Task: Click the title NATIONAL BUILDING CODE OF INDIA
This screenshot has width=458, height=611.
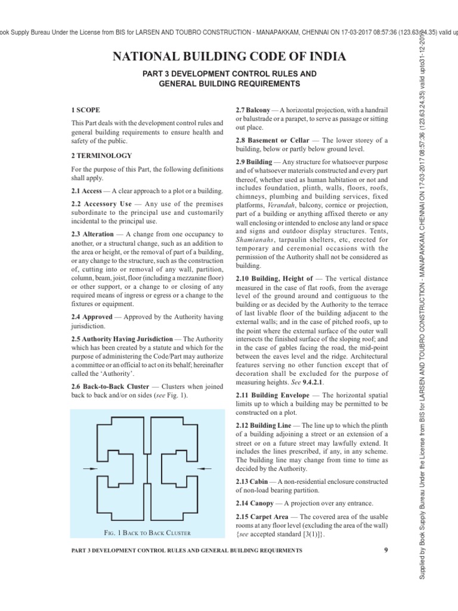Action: [x=229, y=57]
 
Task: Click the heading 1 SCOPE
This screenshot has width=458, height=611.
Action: [x=85, y=110]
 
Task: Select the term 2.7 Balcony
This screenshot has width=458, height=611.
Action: [x=253, y=110]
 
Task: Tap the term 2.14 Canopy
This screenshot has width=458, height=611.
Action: [x=253, y=503]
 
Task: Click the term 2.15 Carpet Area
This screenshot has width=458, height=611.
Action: [x=262, y=516]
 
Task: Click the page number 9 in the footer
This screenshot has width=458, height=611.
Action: [x=385, y=550]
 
